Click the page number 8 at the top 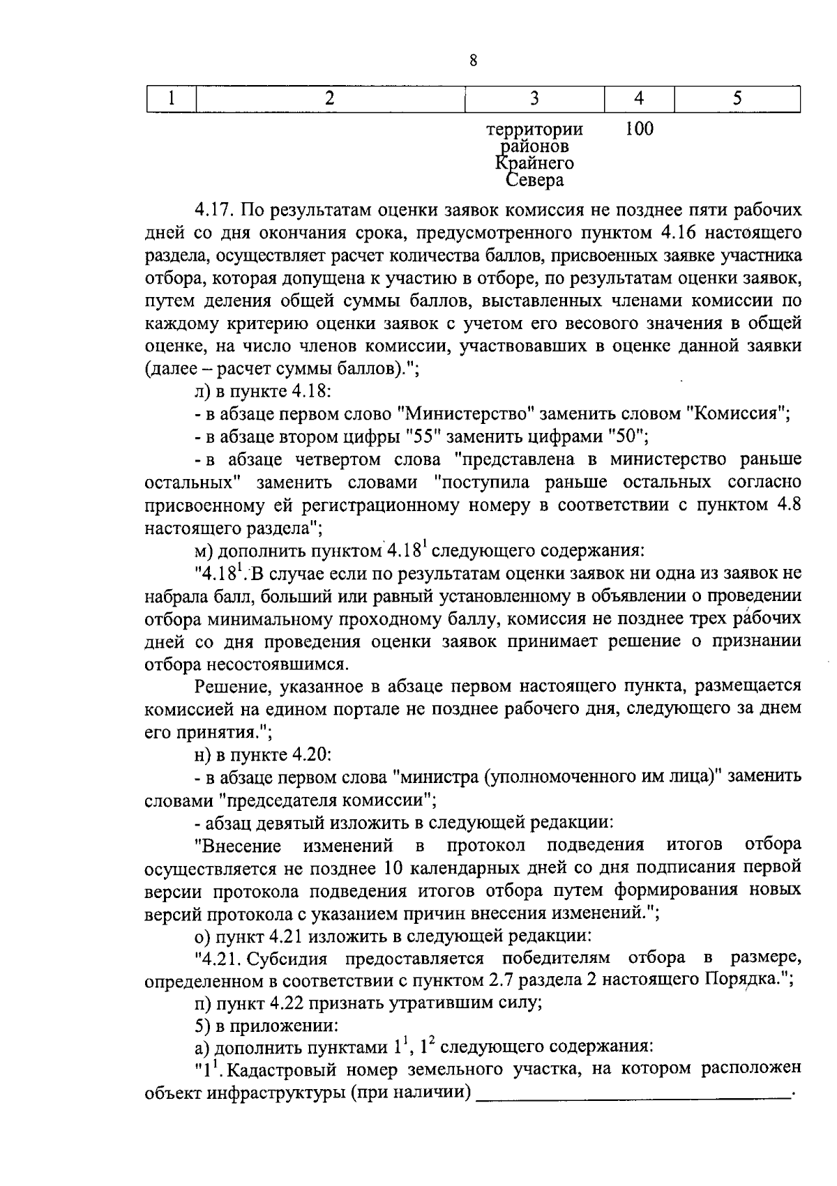tap(473, 61)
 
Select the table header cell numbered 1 tap(172, 98)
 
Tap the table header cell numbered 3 tap(534, 98)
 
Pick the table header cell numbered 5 tap(737, 98)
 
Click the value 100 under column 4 tap(639, 129)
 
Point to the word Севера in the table tap(534, 181)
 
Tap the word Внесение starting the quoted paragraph tap(241, 846)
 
